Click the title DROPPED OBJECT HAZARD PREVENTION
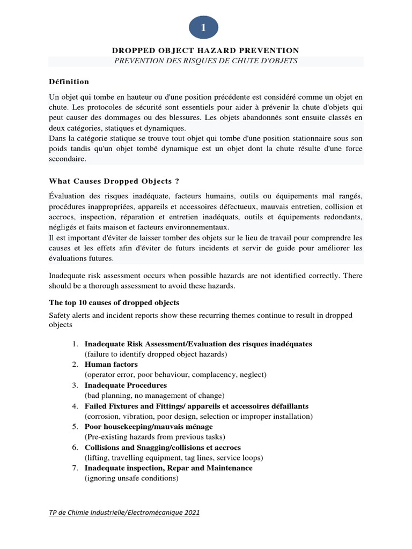point(205,50)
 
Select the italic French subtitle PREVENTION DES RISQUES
point(205,61)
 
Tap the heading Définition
point(69,81)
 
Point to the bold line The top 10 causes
point(114,302)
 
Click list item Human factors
point(111,365)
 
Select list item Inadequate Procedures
point(126,385)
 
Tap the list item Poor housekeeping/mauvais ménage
point(149,426)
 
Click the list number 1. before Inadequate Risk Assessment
point(76,344)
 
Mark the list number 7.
point(76,468)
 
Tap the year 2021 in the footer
point(190,513)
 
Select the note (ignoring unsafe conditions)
point(131,478)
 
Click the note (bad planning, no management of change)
point(154,396)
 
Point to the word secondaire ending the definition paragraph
point(67,159)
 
